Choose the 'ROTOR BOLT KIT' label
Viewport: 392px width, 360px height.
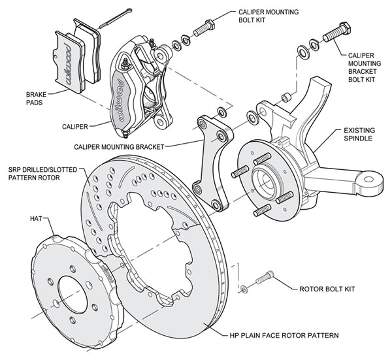point(327,288)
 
